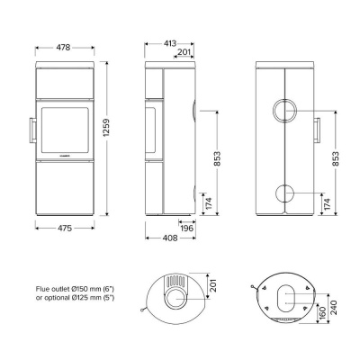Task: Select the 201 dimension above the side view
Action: pos(182,52)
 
